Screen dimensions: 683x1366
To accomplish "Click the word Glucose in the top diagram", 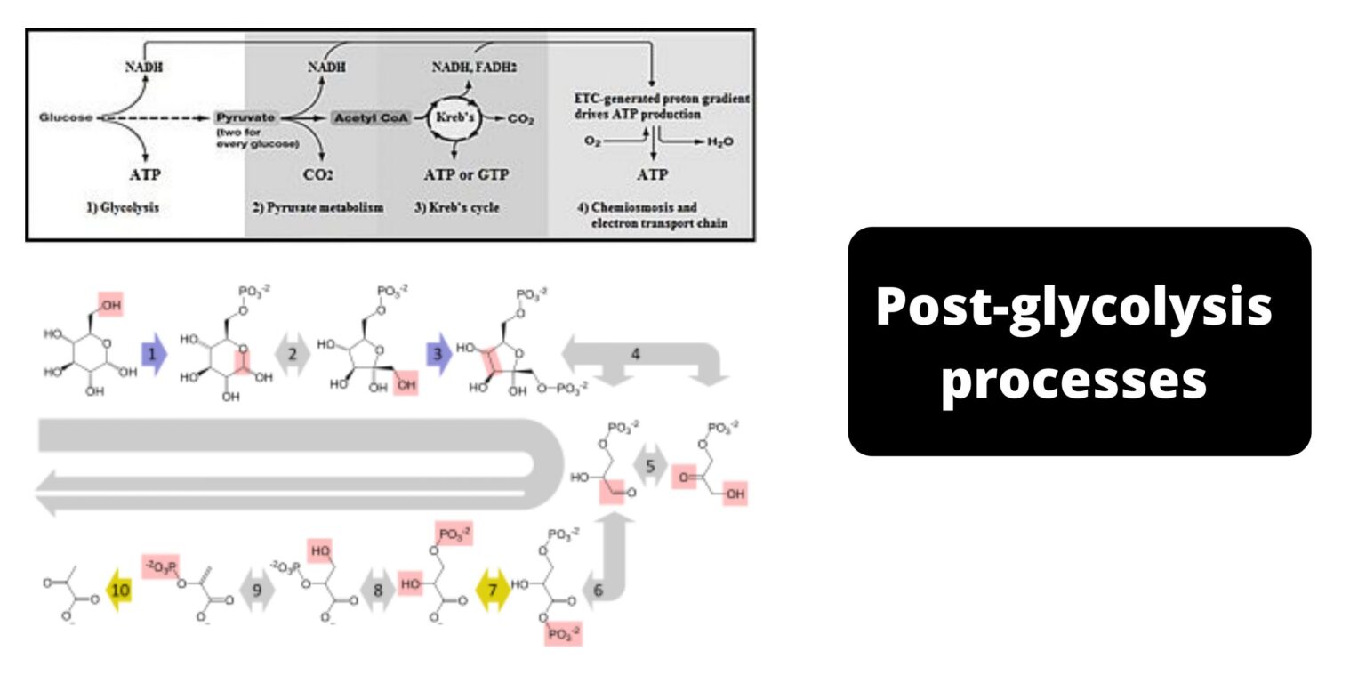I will tap(66, 117).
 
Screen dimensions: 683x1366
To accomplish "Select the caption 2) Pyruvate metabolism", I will tap(317, 207).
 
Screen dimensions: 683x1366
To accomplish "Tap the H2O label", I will tap(719, 141).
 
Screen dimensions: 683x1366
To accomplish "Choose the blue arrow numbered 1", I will tap(154, 354).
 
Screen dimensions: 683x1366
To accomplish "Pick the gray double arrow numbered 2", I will tap(293, 354).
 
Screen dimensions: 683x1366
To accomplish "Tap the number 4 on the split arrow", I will tap(635, 354).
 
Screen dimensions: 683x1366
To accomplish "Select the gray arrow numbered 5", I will tap(650, 465).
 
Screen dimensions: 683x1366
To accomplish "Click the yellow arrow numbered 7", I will tap(493, 590).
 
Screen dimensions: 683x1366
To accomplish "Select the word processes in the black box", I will tap(1073, 379).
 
